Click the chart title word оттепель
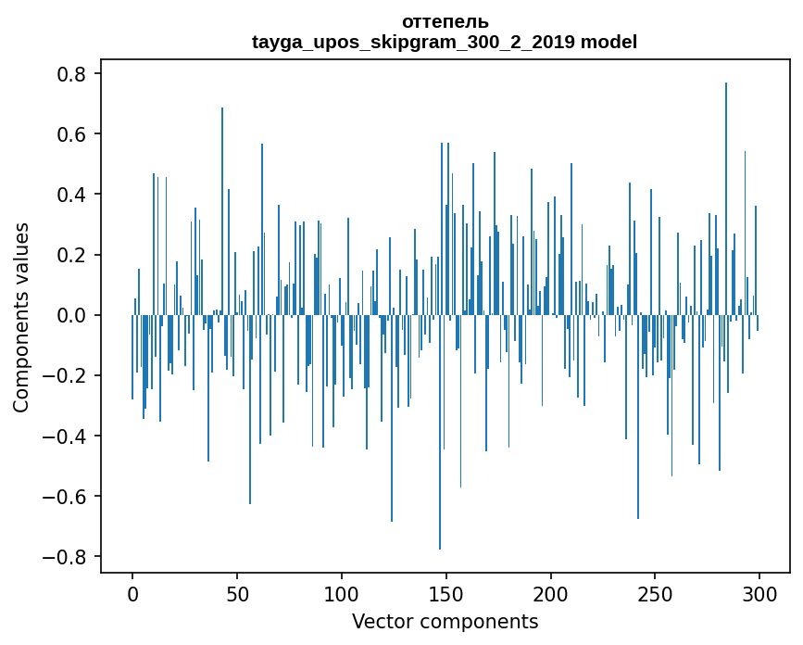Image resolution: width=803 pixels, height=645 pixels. coord(445,21)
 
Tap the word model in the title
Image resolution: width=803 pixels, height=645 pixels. coord(609,42)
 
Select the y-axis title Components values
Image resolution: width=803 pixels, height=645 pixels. coord(21,317)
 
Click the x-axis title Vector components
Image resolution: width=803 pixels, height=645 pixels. coord(445,621)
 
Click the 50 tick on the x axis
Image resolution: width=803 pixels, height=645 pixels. coord(237,593)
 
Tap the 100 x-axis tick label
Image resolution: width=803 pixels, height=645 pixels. coord(342,593)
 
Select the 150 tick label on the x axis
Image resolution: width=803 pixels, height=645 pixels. coord(446,593)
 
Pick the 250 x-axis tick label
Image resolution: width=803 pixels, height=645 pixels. coord(656,593)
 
